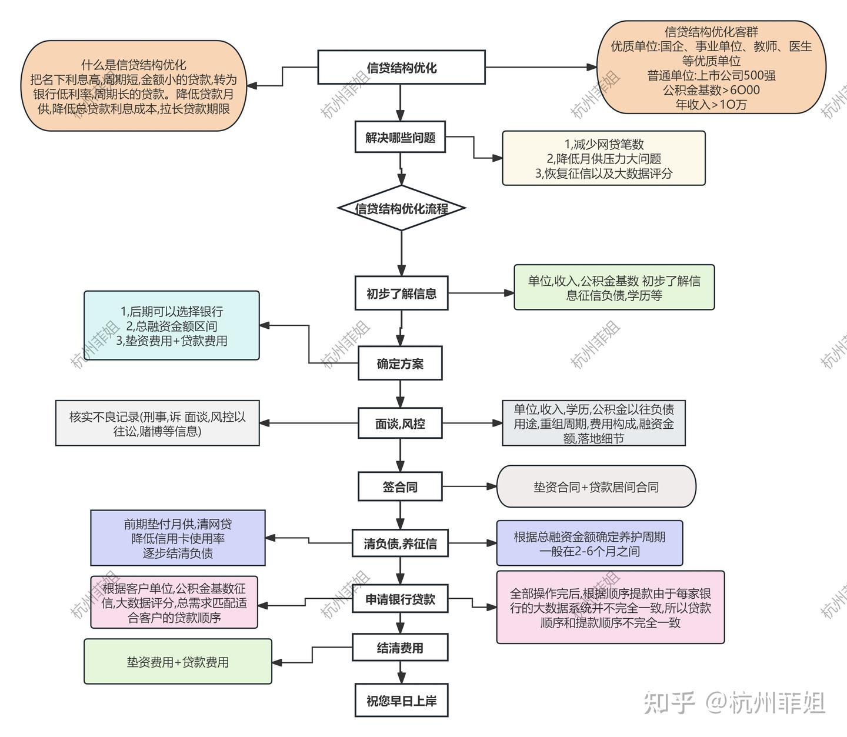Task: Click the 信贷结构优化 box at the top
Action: pyautogui.click(x=401, y=68)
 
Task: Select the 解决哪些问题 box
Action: pyautogui.click(x=400, y=138)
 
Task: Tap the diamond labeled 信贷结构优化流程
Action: pyautogui.click(x=401, y=208)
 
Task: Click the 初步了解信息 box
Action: pyautogui.click(x=401, y=293)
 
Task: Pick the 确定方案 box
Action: pyautogui.click(x=400, y=364)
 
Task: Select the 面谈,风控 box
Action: pyautogui.click(x=400, y=423)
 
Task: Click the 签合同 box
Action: pyautogui.click(x=400, y=487)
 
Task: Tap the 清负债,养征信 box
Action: pyautogui.click(x=400, y=543)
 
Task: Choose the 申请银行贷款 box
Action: pyautogui.click(x=400, y=599)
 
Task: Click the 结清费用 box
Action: pyautogui.click(x=400, y=648)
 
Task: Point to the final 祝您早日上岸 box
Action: pyautogui.click(x=401, y=701)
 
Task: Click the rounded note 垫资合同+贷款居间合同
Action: pyautogui.click(x=596, y=487)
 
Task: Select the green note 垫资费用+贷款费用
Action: pyautogui.click(x=178, y=662)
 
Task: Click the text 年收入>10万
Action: pyautogui.click(x=711, y=105)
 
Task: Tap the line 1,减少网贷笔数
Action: pyautogui.click(x=603, y=144)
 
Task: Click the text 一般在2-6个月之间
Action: pyautogui.click(x=589, y=551)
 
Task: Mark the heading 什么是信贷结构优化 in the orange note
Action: pyautogui.click(x=134, y=65)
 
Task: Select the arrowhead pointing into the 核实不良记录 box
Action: pyautogui.click(x=264, y=423)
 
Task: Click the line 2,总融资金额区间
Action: pyautogui.click(x=172, y=326)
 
